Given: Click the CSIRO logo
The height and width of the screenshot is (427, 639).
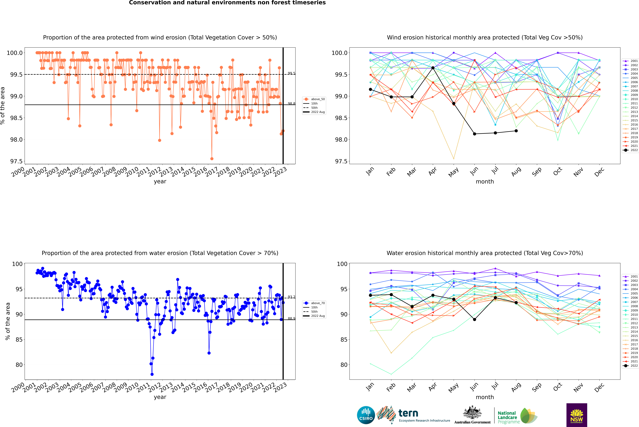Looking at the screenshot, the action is click(366, 415).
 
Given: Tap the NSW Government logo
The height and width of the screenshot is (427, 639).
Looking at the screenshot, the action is click(577, 415).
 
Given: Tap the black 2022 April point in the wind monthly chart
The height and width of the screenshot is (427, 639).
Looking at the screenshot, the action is click(433, 68).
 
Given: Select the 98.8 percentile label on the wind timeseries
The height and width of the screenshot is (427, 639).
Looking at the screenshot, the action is click(291, 103).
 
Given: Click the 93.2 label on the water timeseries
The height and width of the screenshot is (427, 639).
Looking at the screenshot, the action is click(291, 297).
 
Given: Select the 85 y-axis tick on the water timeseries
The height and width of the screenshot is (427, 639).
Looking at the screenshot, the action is click(19, 340).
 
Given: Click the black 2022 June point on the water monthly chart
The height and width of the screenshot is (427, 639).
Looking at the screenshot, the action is click(474, 319).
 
